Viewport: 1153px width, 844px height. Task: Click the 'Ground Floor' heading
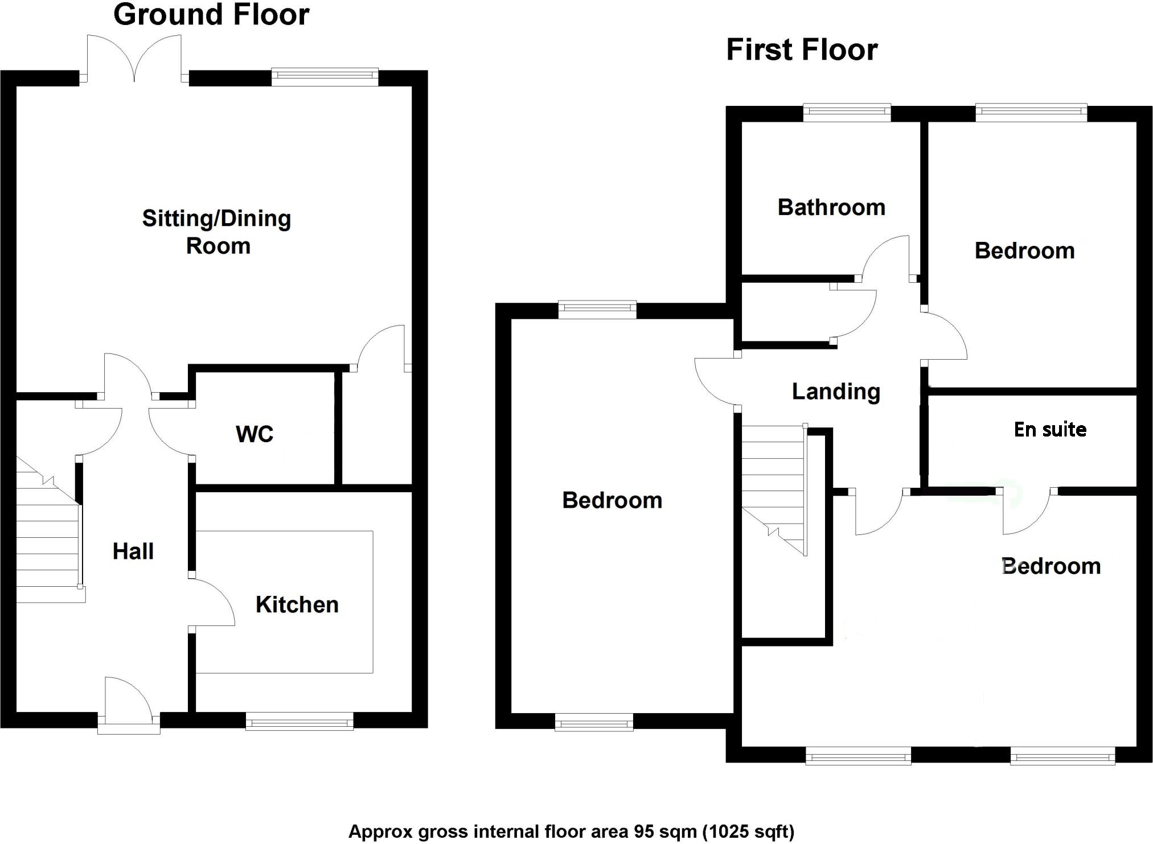point(211,15)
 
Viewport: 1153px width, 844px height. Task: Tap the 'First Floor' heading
point(802,50)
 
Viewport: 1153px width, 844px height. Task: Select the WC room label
point(255,434)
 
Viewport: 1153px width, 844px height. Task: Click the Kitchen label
point(297,604)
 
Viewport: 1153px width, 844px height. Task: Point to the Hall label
point(133,551)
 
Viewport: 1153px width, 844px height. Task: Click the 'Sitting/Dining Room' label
point(216,232)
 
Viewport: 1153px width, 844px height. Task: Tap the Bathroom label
point(831,208)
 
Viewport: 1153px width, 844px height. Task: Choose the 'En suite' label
point(1050,430)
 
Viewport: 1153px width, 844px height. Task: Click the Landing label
point(836,392)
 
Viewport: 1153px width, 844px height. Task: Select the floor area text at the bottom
point(571,831)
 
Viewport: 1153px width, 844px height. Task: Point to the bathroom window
point(847,113)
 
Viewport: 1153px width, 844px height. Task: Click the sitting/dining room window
point(325,77)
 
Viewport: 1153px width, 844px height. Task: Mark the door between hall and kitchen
point(212,603)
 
